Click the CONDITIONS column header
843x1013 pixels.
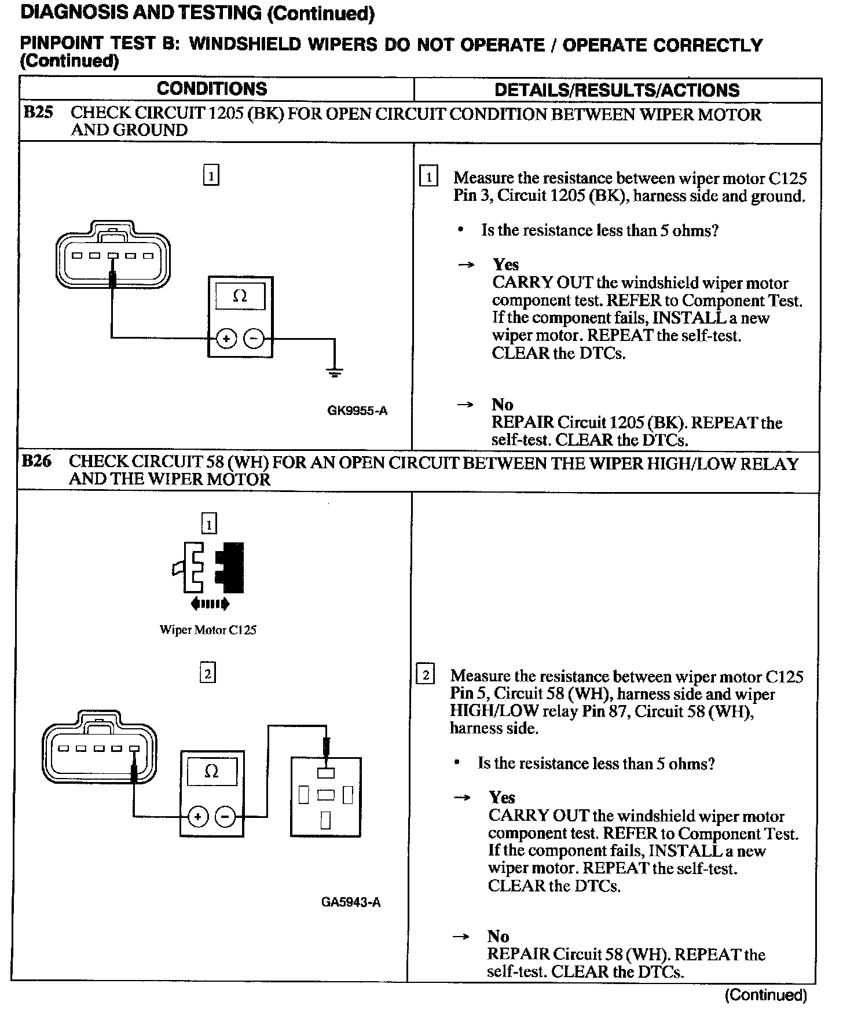click(212, 89)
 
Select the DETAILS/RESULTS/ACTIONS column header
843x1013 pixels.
click(617, 90)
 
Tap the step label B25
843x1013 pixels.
click(38, 112)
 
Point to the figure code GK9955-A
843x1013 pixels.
click(357, 411)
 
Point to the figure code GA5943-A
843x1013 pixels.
click(351, 902)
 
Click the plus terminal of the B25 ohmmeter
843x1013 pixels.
click(226, 339)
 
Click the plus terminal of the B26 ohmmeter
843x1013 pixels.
click(198, 817)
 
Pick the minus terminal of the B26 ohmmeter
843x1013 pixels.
click(225, 817)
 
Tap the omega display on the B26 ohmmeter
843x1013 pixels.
click(212, 772)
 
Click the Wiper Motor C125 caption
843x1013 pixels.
click(208, 630)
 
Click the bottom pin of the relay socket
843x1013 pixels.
click(325, 820)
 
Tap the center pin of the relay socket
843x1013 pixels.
click(325, 795)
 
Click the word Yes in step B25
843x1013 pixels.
click(505, 265)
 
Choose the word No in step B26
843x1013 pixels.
click(498, 937)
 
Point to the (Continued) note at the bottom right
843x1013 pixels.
click(765, 994)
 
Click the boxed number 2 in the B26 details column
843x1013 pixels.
click(426, 675)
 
